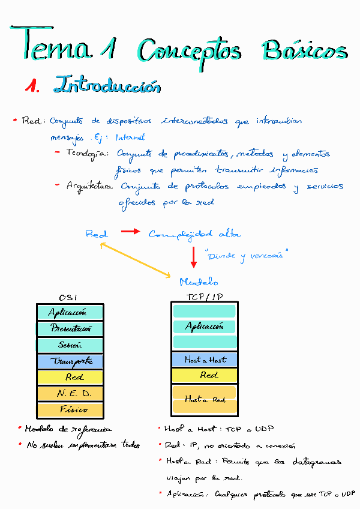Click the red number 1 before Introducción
31,86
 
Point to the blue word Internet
130,137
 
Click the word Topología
87,154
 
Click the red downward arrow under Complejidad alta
194,256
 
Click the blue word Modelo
199,282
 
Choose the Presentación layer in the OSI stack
70,329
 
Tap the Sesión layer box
70,345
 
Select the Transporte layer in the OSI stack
70,361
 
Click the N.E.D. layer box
70,394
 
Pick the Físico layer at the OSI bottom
70,410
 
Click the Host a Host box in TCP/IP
205,360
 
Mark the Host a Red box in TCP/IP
205,399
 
